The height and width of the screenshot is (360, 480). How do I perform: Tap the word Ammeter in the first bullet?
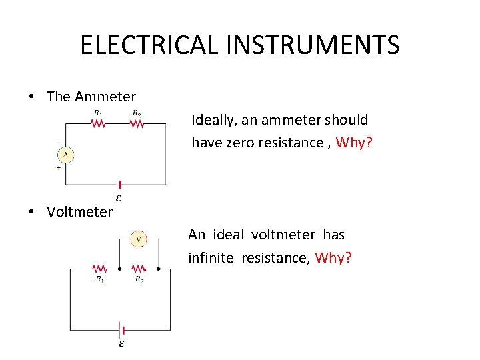105,97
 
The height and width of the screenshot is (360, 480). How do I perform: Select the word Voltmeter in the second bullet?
80,212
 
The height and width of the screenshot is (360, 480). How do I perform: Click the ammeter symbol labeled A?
65,155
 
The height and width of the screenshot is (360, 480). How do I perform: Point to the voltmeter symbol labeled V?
138,238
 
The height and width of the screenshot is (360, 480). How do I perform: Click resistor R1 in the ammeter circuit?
98,123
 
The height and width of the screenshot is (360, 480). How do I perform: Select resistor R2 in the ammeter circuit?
136,123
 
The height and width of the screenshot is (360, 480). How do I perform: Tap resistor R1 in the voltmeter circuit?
99,269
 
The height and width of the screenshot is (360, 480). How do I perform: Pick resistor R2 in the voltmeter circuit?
139,269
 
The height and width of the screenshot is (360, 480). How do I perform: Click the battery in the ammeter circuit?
120,185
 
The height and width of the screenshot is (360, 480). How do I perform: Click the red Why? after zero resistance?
354,143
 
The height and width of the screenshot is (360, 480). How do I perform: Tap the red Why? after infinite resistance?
333,258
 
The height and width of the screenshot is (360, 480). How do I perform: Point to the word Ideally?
214,121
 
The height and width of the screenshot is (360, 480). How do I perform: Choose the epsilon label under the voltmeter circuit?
121,344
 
